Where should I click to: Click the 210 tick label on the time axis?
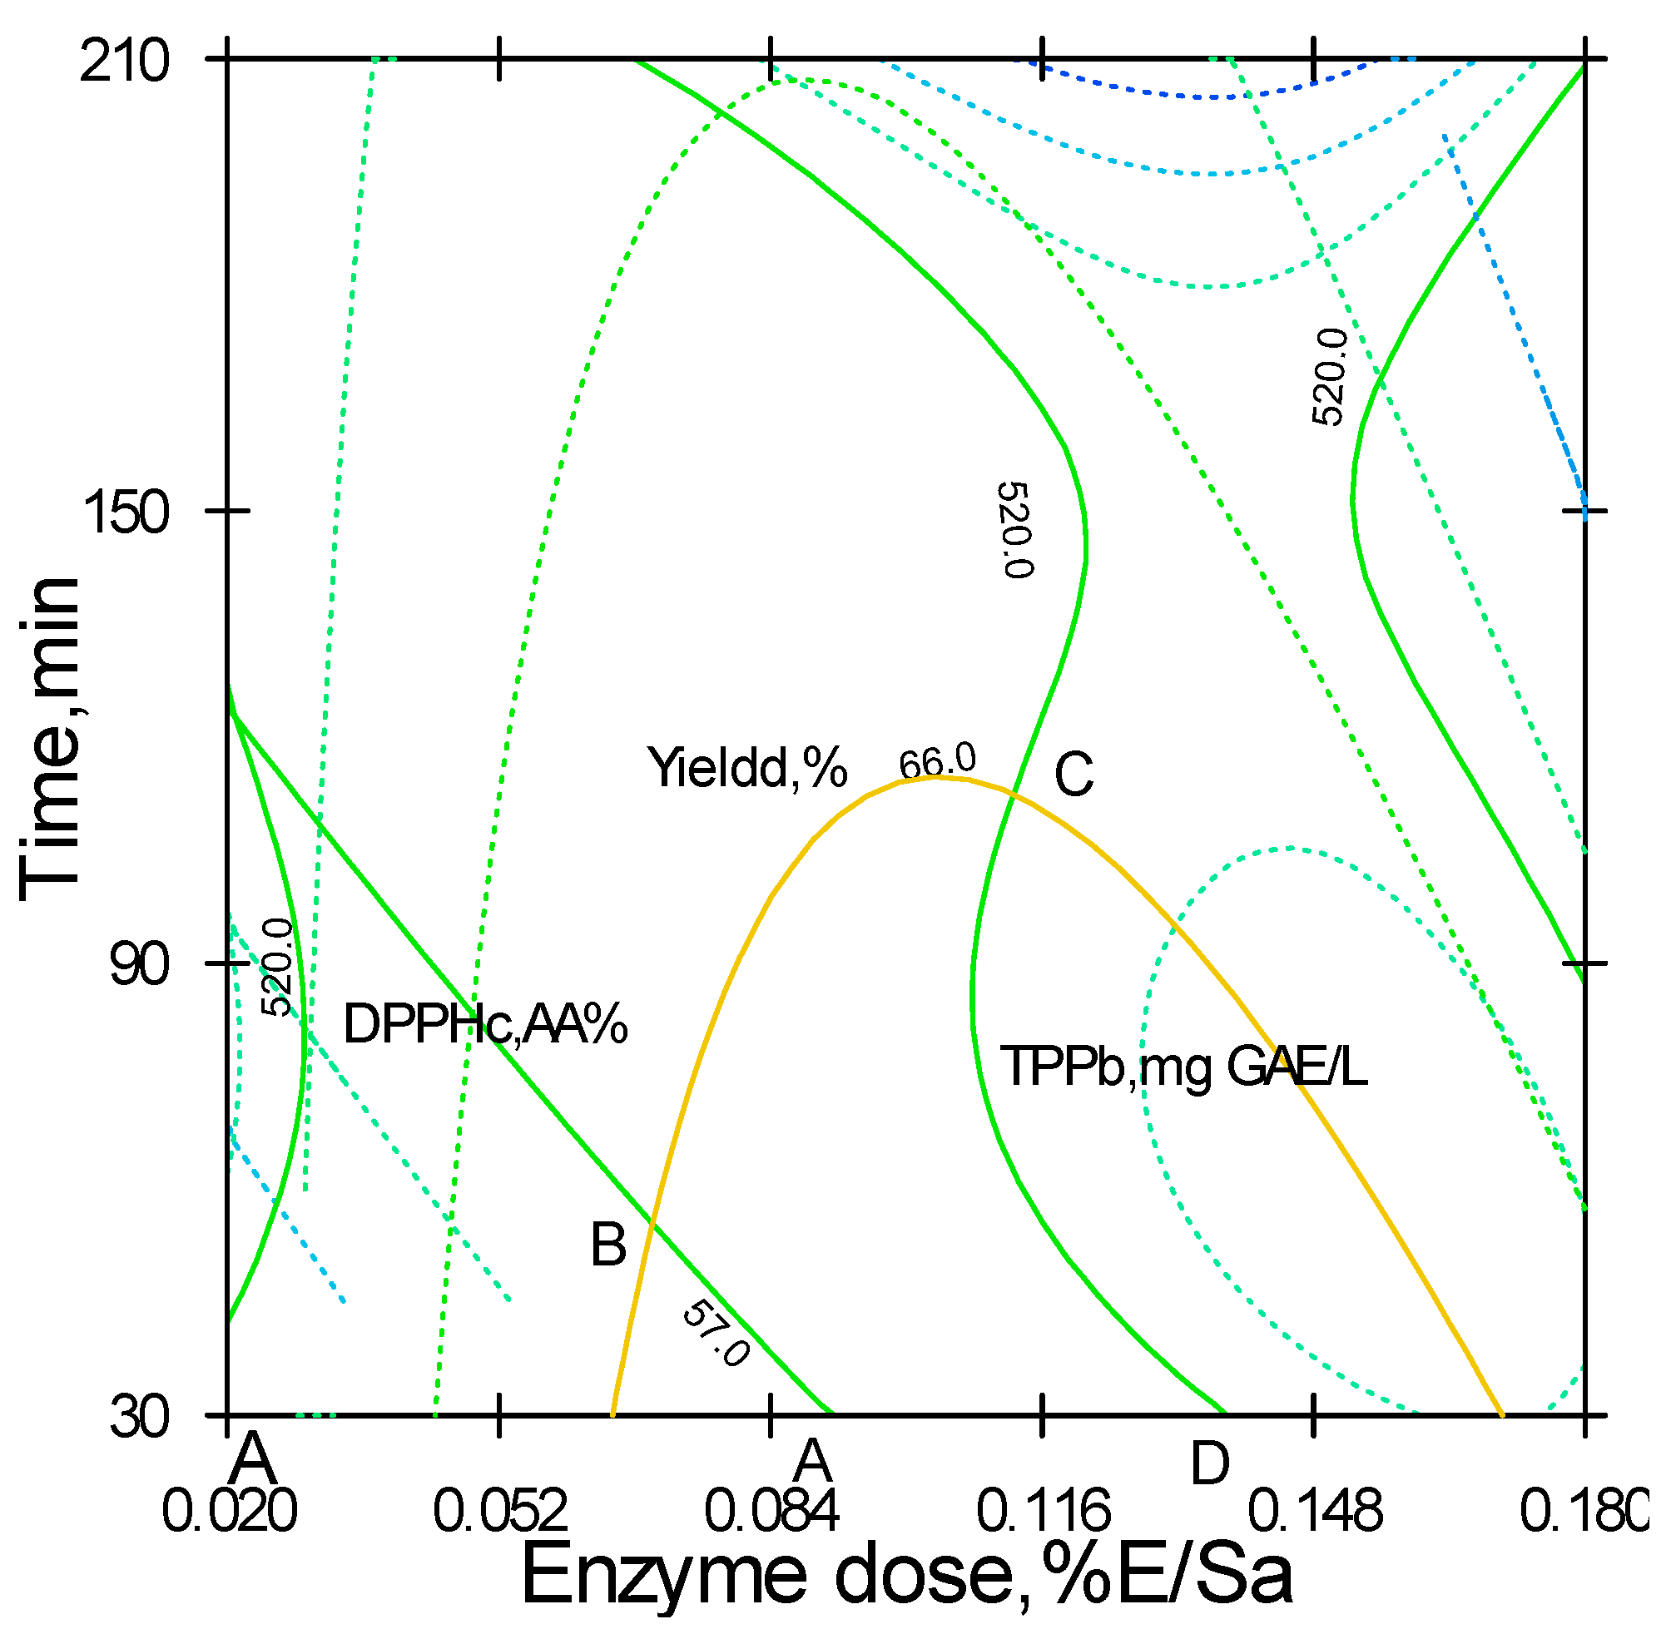(x=125, y=63)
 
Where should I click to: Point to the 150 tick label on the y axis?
(x=125, y=516)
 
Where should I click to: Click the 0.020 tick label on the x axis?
(x=229, y=1511)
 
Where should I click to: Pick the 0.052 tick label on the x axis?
(x=500, y=1511)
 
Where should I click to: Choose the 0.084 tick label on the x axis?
(x=771, y=1511)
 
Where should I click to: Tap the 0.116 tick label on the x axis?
(x=1044, y=1511)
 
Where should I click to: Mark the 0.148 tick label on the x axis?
(x=1315, y=1511)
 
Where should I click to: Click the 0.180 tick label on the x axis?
(x=1581, y=1511)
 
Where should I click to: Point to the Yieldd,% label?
(x=747, y=768)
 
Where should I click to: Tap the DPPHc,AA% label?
(x=486, y=1025)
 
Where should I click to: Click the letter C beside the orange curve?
(x=1074, y=775)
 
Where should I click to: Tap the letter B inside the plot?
(x=608, y=1245)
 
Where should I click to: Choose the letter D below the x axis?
(x=1210, y=1464)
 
